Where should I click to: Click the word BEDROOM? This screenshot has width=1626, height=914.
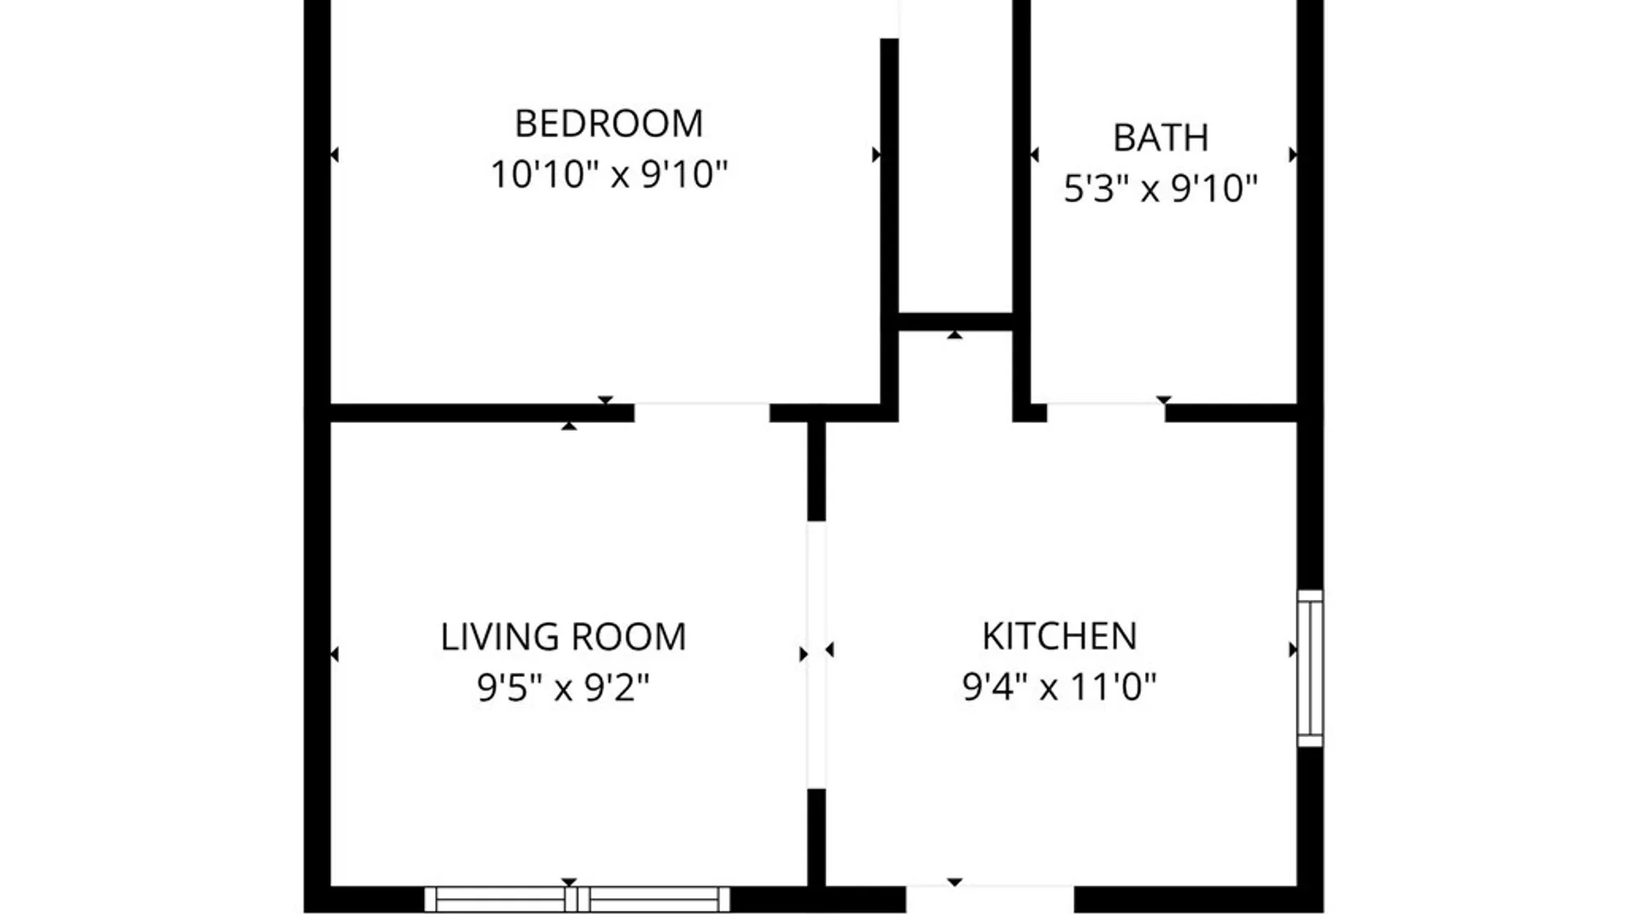609,124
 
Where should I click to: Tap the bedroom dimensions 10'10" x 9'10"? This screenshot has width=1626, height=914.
609,174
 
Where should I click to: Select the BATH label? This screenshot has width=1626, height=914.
1160,138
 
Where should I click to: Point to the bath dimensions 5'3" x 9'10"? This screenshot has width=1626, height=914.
1160,189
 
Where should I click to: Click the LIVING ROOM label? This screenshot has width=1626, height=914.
563,637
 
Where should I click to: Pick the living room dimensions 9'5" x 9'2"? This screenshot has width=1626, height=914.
563,687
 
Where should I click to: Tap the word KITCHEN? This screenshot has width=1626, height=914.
1059,636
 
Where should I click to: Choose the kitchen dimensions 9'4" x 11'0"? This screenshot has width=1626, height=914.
1059,686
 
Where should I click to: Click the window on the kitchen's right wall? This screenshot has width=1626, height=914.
1310,669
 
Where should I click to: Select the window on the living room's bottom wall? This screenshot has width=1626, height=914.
577,899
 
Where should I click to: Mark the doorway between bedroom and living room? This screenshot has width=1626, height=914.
702,412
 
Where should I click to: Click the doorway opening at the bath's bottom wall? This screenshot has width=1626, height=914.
1106,412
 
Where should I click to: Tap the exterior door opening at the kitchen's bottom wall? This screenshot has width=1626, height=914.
990,899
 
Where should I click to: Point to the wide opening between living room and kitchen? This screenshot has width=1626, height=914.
816,655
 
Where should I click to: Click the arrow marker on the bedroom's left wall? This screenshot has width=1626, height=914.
335,155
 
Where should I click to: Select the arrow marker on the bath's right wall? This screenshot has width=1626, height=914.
1292,155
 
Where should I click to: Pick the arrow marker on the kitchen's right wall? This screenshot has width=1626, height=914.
1292,650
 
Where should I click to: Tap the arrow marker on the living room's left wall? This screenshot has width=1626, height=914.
335,654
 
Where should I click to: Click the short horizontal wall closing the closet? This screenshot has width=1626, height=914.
955,322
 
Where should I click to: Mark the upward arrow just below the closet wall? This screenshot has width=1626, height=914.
955,335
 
